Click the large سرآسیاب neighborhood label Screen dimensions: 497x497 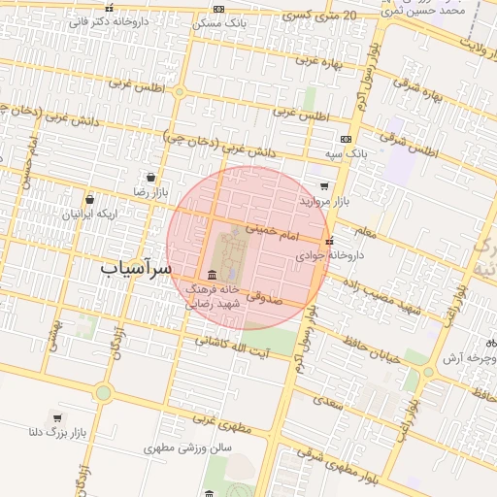coord(136,266)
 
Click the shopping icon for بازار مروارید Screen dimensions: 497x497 coord(323,185)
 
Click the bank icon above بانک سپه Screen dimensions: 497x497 coord(346,139)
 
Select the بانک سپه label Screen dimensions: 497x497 coord(346,153)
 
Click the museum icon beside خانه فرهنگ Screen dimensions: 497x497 coord(212,275)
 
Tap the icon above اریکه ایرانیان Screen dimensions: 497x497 coord(89,199)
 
